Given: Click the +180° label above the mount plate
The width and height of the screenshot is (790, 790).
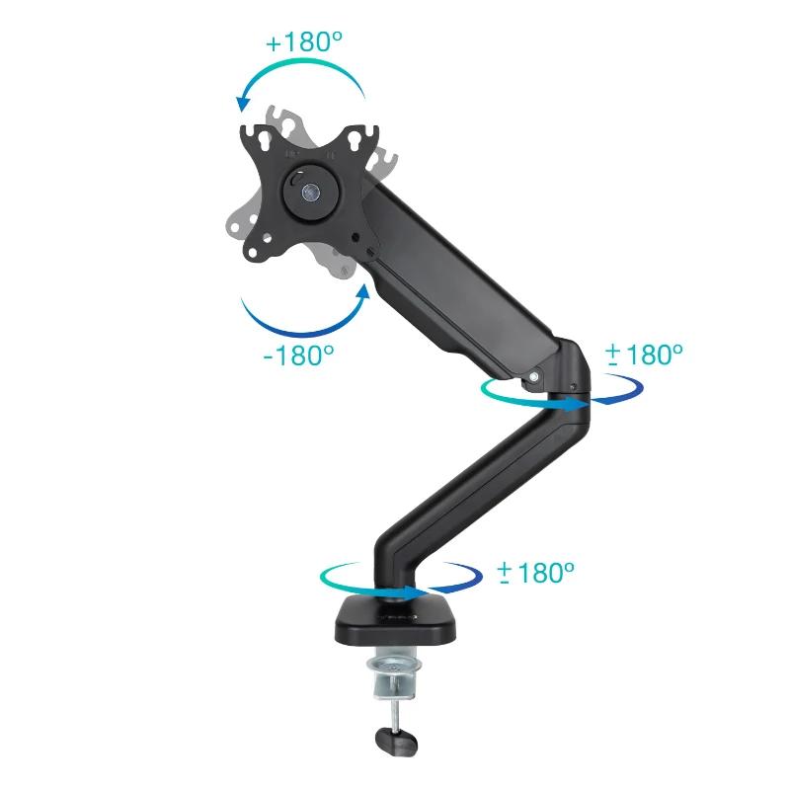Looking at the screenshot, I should pos(302,43).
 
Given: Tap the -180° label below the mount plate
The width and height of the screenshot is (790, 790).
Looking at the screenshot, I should pos(299,353).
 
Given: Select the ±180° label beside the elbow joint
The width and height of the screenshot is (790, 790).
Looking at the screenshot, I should pos(644,354).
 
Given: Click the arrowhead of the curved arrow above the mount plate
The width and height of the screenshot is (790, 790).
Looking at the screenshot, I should pos(241,103).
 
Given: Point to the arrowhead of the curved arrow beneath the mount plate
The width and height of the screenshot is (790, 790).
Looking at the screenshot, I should pos(363,291).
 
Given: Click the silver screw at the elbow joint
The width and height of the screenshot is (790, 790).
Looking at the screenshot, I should pos(534,375).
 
